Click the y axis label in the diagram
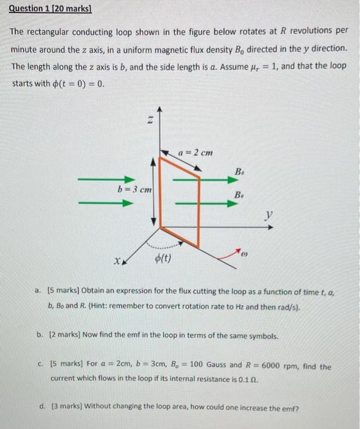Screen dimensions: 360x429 pos(268,215)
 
